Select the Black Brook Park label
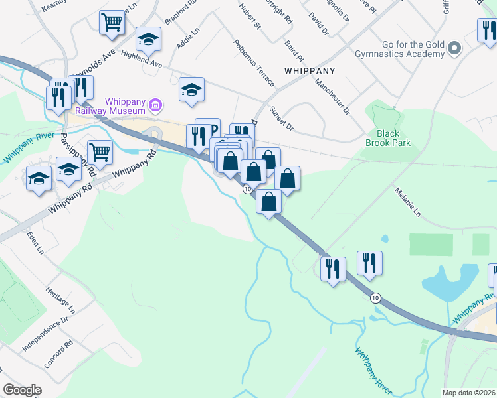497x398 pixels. click(x=388, y=137)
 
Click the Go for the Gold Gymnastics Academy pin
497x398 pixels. click(x=454, y=48)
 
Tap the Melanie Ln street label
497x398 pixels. click(x=409, y=203)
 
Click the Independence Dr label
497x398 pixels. click(x=45, y=333)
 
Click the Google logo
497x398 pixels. click(x=22, y=390)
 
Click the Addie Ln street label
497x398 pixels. click(x=188, y=38)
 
